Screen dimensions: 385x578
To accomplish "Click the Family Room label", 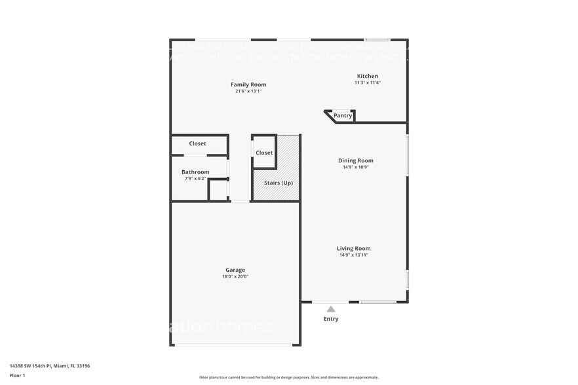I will point(248,84).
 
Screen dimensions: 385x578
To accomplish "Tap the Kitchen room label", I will point(367,76).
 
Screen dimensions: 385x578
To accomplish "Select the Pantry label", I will point(343,116).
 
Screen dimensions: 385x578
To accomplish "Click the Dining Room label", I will point(356,160).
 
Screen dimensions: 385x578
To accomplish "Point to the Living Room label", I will point(354,248).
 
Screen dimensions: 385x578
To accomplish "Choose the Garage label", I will point(235,270).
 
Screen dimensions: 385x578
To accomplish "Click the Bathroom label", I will point(195,172).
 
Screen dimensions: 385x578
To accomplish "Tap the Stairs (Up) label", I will point(279,183).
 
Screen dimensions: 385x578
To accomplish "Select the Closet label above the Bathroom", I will point(197,143).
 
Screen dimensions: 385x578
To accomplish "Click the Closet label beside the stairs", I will point(264,153).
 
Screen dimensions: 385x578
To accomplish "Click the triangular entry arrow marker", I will point(331,309).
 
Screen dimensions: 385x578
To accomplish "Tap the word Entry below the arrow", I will point(331,319).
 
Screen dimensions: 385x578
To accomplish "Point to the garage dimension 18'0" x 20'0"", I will point(235,277).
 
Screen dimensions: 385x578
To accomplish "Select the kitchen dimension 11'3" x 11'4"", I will point(367,83).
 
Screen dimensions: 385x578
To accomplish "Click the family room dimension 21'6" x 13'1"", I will point(248,92).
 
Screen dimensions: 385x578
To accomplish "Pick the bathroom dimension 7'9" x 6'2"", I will point(195,179).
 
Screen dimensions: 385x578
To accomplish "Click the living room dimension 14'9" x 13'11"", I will point(354,255).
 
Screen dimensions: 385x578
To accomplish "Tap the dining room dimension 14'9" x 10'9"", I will point(356,168).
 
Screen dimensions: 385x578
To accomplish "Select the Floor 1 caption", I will point(17,375).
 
